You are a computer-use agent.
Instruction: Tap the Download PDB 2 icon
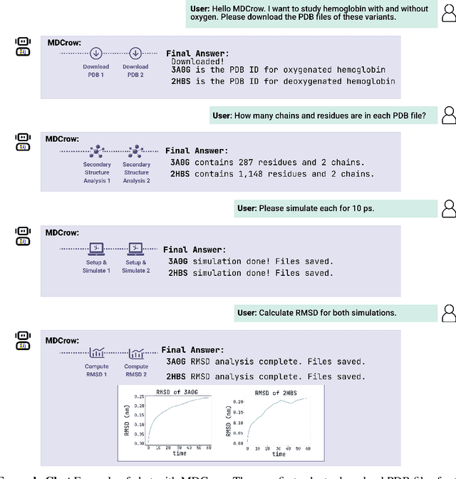coord(135,53)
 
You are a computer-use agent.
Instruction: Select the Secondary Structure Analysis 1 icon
coord(97,151)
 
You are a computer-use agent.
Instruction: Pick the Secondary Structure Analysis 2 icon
coord(136,151)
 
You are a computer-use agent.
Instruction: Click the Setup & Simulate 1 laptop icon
coord(95,249)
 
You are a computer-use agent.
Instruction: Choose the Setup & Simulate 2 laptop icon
coord(135,249)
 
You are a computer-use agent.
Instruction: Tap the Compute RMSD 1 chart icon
coord(96,351)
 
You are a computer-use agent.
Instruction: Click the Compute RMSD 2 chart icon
coord(135,351)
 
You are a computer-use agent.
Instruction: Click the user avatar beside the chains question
coord(449,114)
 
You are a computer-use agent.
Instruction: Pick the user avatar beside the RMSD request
coord(449,312)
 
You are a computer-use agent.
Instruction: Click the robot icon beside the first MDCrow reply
coord(22,46)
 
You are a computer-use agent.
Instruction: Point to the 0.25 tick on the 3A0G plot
coord(139,396)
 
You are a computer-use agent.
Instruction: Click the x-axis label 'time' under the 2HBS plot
coord(279,453)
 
